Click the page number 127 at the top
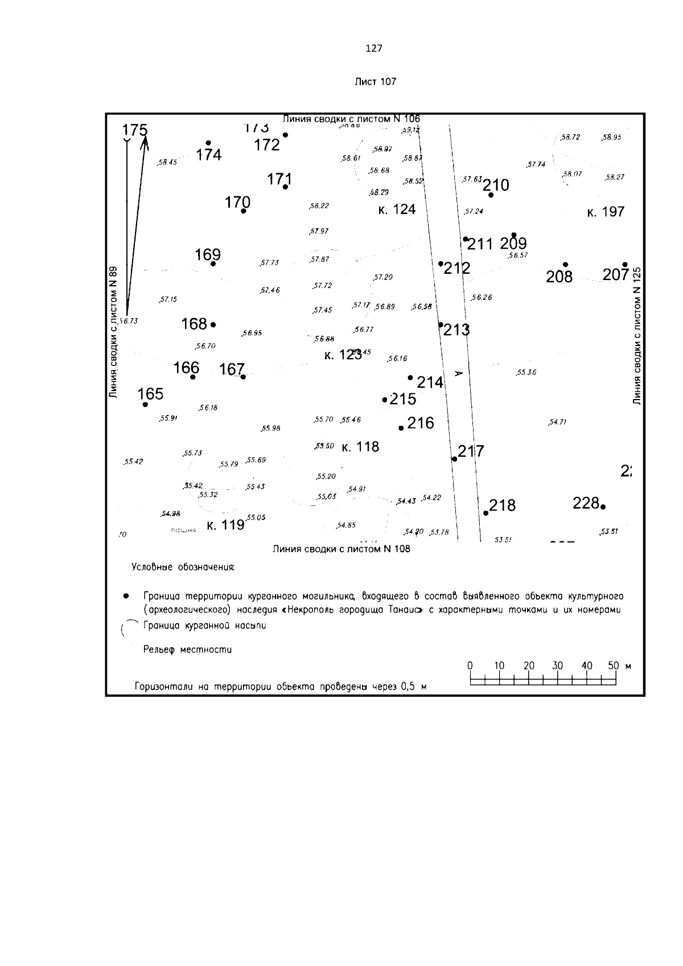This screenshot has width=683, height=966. pyautogui.click(x=373, y=48)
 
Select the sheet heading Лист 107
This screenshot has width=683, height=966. pyautogui.click(x=375, y=81)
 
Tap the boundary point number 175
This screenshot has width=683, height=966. pyautogui.click(x=135, y=130)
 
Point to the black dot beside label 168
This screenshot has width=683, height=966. pyautogui.click(x=213, y=324)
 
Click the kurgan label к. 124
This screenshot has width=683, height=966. pyautogui.click(x=397, y=209)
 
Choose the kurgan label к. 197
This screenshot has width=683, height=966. pyautogui.click(x=606, y=212)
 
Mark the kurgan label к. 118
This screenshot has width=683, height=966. pyautogui.click(x=360, y=447)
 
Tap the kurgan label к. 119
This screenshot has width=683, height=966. pyautogui.click(x=225, y=525)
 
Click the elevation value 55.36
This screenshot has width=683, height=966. pyautogui.click(x=526, y=373)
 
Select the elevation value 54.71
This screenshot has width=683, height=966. pyautogui.click(x=557, y=422)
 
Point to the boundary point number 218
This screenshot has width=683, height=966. pyautogui.click(x=502, y=505)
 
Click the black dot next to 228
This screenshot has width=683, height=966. pyautogui.click(x=603, y=506)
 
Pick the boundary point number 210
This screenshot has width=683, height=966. pyautogui.click(x=496, y=185)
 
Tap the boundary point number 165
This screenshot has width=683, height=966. pyautogui.click(x=150, y=394)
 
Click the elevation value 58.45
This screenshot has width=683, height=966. pyautogui.click(x=167, y=162)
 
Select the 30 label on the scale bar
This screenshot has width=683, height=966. pyautogui.click(x=557, y=665)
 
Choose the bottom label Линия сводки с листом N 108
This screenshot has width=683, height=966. pyautogui.click(x=341, y=549)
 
